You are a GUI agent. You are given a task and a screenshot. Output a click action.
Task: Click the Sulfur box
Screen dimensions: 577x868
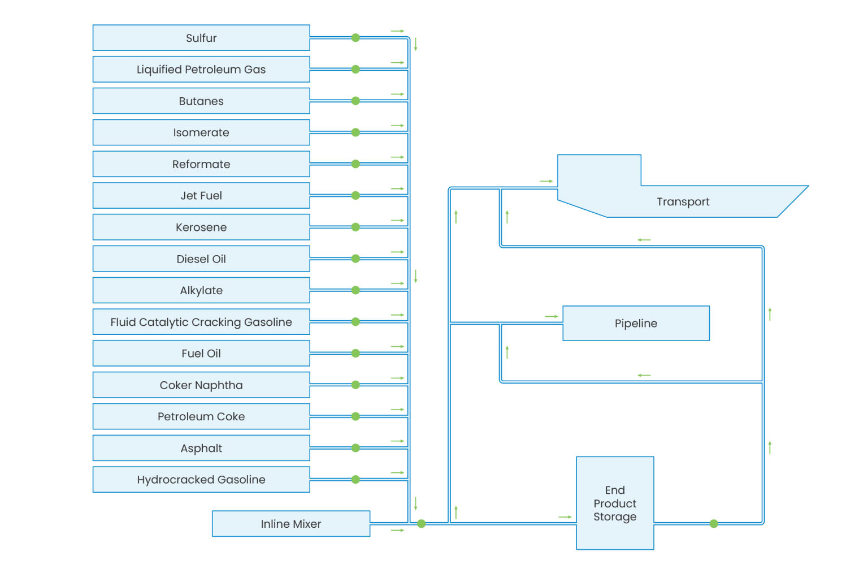201,38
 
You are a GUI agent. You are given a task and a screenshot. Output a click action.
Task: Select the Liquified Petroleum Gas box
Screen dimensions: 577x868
201,70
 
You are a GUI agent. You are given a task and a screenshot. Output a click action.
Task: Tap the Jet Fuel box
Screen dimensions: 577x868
201,196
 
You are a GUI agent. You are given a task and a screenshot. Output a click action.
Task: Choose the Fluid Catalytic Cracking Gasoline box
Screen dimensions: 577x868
201,322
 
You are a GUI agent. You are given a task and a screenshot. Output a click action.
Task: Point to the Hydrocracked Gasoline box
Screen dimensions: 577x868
201,480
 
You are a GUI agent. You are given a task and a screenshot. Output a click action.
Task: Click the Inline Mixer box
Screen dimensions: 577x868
290,524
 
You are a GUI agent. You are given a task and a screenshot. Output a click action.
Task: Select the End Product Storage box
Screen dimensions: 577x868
615,503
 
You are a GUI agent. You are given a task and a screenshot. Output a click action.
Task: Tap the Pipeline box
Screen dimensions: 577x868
636,324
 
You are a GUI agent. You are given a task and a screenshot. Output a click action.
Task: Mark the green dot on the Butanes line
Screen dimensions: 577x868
355,101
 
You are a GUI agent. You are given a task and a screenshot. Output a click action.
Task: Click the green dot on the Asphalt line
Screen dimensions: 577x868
355,448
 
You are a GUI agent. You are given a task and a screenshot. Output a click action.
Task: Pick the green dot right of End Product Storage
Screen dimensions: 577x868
714,524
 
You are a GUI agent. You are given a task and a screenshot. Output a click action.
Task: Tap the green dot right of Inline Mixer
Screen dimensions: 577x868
421,524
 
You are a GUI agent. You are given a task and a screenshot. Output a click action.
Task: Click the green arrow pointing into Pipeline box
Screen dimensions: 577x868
552,317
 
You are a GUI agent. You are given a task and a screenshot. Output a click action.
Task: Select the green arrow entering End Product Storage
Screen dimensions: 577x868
565,517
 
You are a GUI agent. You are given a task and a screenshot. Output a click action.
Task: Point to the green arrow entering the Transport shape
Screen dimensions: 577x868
546,182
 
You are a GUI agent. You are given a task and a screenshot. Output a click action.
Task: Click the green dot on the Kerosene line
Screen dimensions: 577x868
355,227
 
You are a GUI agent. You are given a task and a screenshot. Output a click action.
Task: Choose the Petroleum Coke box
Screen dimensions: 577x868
201,416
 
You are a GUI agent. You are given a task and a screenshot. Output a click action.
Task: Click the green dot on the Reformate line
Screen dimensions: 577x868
355,164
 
